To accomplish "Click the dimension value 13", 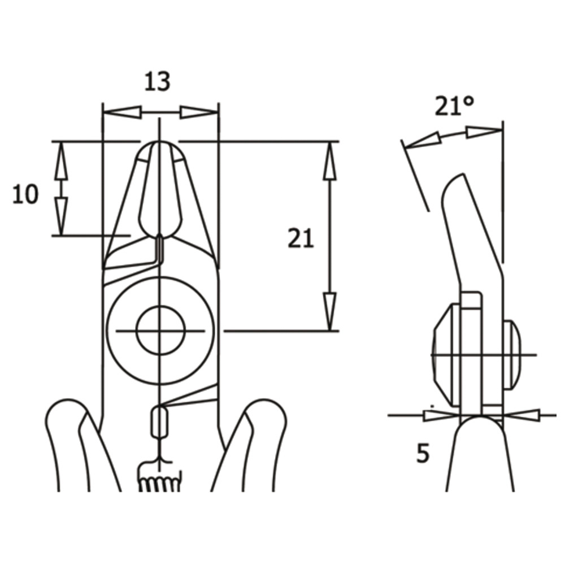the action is click(x=157, y=81).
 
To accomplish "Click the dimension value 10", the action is click(x=25, y=194).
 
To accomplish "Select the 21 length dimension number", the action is click(x=301, y=238).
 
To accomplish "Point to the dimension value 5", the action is click(x=423, y=453).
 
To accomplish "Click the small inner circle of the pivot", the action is click(x=160, y=330).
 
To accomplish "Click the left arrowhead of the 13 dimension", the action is click(x=123, y=112).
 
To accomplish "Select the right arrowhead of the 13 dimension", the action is click(x=199, y=112).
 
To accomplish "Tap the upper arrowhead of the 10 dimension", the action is click(x=61, y=160).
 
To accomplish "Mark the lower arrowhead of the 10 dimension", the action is click(x=61, y=216).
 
